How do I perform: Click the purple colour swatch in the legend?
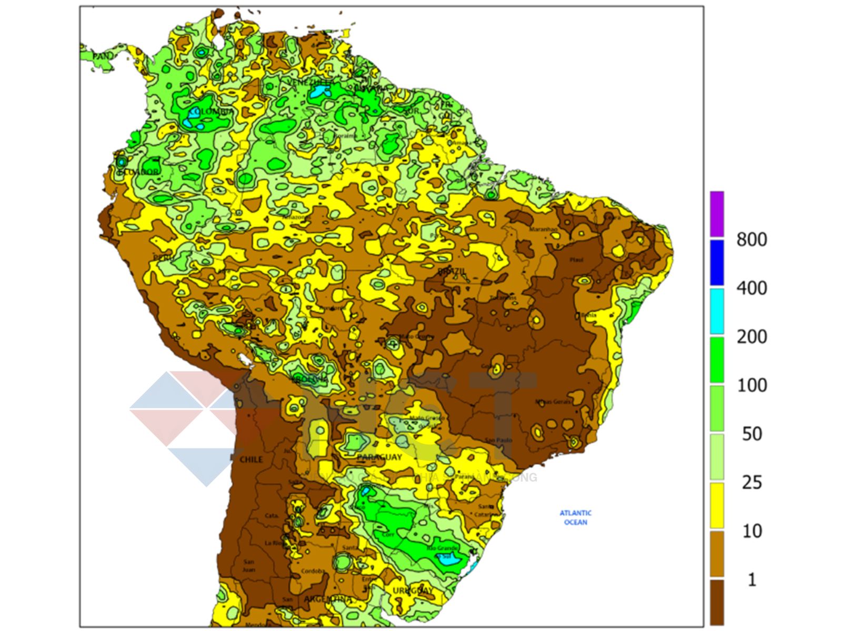(x=717, y=214)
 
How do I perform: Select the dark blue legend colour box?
(x=717, y=262)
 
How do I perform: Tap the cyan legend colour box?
(x=717, y=311)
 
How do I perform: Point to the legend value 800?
(x=751, y=240)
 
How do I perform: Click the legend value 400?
(x=751, y=288)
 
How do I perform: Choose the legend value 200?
(x=751, y=337)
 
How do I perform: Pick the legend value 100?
(x=751, y=385)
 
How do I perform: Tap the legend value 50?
(x=751, y=434)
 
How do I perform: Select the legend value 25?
(x=751, y=482)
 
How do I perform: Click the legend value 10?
(x=751, y=531)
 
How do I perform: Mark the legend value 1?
(x=751, y=579)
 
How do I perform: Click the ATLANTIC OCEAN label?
(x=575, y=517)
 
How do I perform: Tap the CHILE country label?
(x=251, y=460)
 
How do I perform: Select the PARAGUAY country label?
(x=379, y=457)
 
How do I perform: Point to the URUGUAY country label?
(x=413, y=591)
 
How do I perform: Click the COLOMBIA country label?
(x=211, y=112)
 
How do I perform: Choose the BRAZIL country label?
(x=452, y=271)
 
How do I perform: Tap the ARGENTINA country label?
(x=328, y=599)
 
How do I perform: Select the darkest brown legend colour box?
(x=717, y=602)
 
